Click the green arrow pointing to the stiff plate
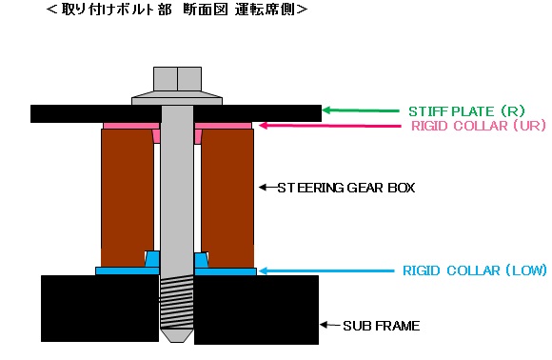(362, 110)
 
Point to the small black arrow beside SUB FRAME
(330, 326)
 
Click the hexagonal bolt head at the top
(177, 78)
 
